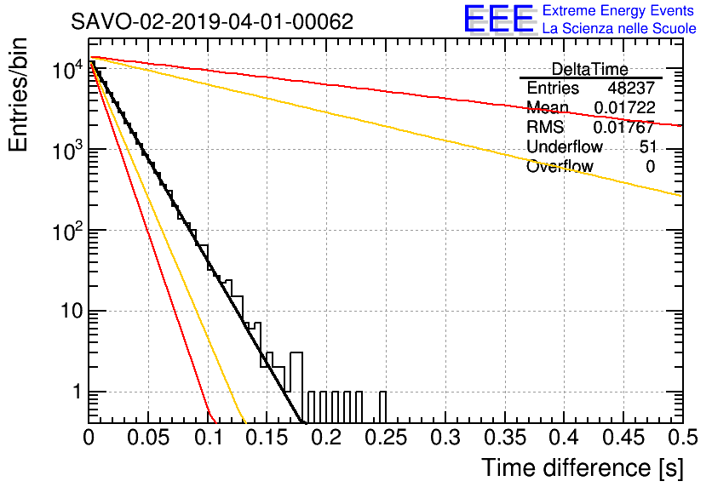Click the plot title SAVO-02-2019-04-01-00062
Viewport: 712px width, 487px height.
[212, 21]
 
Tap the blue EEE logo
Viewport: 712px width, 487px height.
[499, 20]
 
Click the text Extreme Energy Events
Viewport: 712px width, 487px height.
[618, 10]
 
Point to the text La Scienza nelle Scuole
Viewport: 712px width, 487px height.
[619, 28]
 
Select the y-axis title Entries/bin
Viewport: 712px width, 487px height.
[18, 95]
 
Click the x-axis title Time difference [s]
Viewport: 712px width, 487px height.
[583, 468]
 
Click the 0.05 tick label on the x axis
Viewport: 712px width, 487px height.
[147, 438]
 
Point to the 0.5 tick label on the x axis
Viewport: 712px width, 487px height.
[683, 438]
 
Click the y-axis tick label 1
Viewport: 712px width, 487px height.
[77, 392]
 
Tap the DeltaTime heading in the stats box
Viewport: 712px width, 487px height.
[590, 70]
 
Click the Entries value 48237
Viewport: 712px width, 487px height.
[631, 88]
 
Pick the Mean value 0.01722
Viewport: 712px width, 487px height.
[624, 107]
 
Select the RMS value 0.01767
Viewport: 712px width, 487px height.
[624, 127]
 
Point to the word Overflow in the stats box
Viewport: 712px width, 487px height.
[560, 167]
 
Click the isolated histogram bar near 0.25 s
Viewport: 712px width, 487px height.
[382, 407]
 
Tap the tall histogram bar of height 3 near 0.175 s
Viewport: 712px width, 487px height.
[296, 387]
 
